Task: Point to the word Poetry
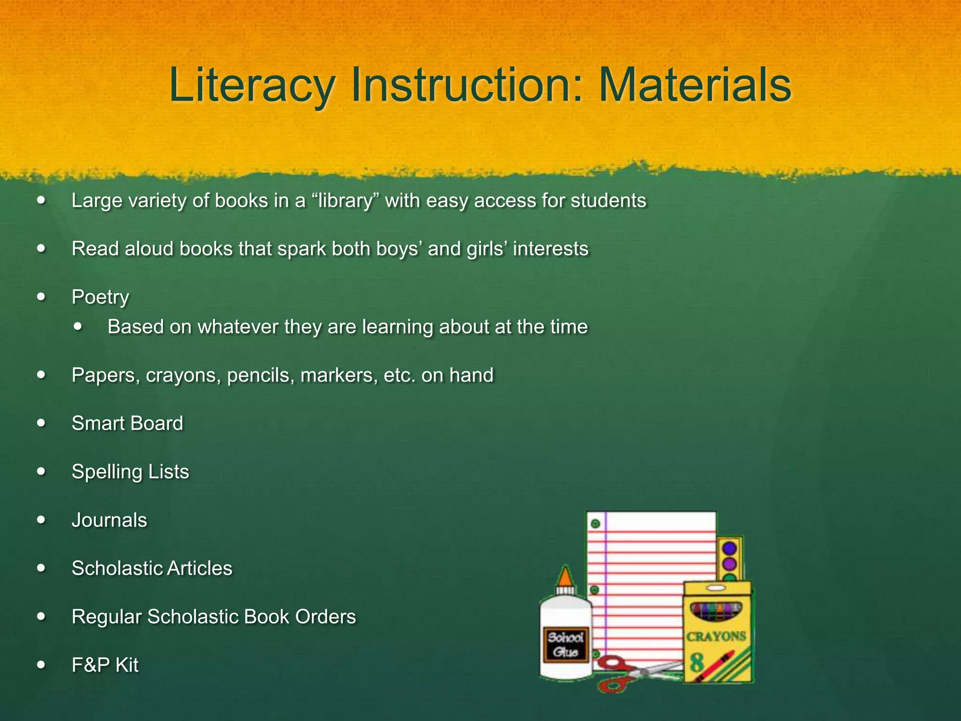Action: click(100, 297)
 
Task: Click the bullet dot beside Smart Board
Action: click(42, 423)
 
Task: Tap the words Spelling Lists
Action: click(130, 472)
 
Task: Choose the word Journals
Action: click(109, 520)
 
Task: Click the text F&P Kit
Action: click(105, 665)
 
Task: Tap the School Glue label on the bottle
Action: click(565, 645)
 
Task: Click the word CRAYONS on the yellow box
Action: click(716, 637)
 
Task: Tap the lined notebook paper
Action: click(652, 563)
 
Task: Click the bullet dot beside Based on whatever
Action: click(78, 326)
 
